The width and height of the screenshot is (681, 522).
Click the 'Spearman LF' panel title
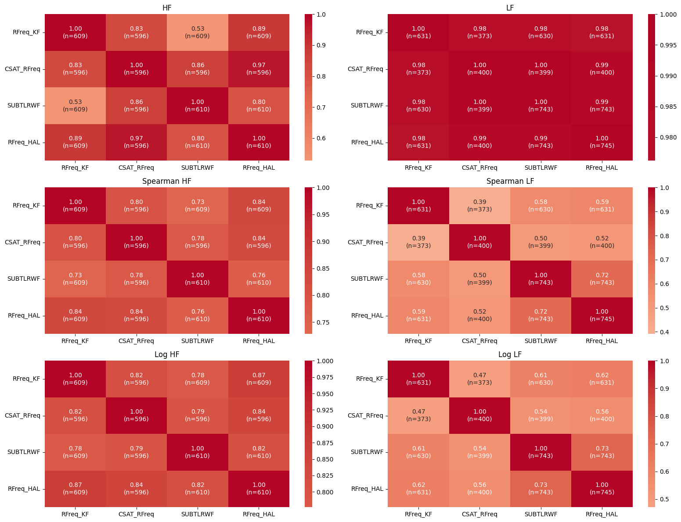pyautogui.click(x=510, y=181)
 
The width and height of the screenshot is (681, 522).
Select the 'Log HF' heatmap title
pyautogui.click(x=167, y=354)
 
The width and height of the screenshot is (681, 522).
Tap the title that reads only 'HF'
pyautogui.click(x=167, y=8)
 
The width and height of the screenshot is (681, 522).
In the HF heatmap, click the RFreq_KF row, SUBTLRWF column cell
pyautogui.click(x=198, y=32)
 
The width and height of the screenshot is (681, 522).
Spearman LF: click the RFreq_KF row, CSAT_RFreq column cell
pyautogui.click(x=479, y=206)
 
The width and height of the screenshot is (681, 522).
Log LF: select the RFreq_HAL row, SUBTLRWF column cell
pyautogui.click(x=540, y=489)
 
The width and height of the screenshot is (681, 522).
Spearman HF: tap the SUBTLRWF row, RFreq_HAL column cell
pyautogui.click(x=259, y=279)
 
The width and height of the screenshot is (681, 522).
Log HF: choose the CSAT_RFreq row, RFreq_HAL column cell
pyautogui.click(x=259, y=415)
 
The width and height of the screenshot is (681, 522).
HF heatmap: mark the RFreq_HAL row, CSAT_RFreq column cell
pyautogui.click(x=137, y=142)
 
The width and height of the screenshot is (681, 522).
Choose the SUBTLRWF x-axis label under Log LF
pyautogui.click(x=540, y=514)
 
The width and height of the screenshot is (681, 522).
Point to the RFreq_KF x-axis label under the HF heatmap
pyautogui.click(x=75, y=168)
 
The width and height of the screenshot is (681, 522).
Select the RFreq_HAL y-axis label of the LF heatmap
pyautogui.click(x=367, y=142)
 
